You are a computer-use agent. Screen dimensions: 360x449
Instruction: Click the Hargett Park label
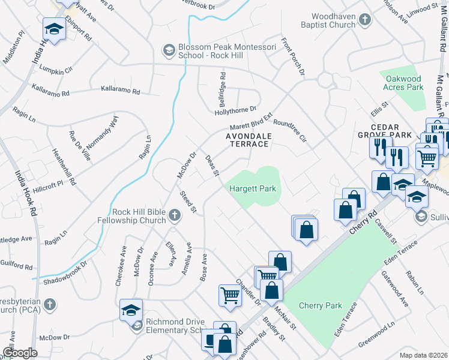[x=253, y=189]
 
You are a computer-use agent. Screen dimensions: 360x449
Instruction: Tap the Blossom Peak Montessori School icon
[x=169, y=49]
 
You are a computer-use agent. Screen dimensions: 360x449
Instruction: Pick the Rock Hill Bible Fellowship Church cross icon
[x=174, y=215]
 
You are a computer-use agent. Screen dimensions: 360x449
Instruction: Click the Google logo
[x=19, y=352]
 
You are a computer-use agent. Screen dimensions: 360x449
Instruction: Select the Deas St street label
[x=211, y=166]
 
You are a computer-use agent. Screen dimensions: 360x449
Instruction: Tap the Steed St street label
[x=188, y=201]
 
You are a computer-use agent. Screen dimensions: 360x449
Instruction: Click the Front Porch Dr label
[x=292, y=58]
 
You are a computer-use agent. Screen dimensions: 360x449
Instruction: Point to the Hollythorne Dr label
[x=235, y=110]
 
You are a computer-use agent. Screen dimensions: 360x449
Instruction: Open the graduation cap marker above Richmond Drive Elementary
[x=131, y=310]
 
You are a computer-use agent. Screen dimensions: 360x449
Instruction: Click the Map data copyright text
[x=424, y=355]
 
